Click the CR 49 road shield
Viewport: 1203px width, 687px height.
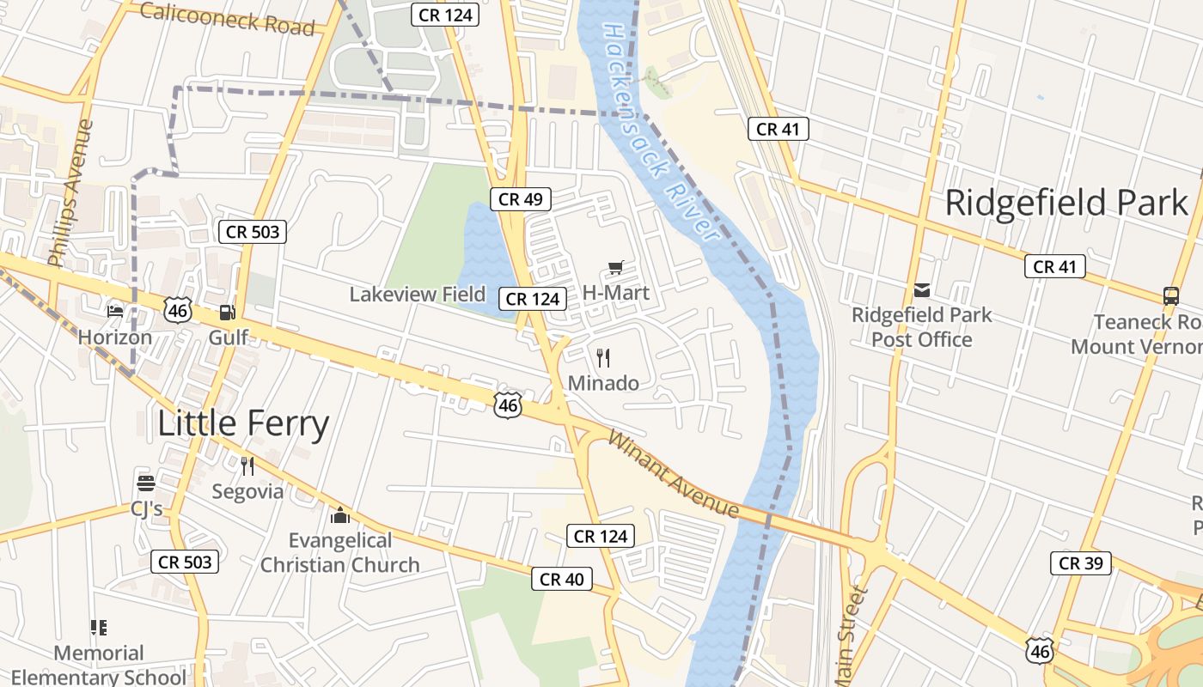click(521, 199)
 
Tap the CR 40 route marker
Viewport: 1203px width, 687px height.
click(562, 580)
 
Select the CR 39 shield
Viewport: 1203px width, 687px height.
click(1081, 563)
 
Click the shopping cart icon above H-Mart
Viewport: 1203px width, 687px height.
click(615, 268)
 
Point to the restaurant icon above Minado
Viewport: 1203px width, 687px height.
click(604, 357)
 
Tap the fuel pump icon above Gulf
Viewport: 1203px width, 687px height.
click(227, 313)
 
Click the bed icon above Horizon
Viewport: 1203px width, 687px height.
click(115, 311)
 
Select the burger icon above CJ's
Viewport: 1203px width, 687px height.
click(146, 483)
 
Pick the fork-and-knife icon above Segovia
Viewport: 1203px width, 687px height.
click(247, 466)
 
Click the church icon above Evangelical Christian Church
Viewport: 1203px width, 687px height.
click(340, 515)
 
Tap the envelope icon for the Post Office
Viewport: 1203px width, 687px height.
click(922, 290)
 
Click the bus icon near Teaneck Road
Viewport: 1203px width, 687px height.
click(1170, 296)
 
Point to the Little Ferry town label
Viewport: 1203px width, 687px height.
click(243, 424)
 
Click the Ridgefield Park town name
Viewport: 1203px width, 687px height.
click(1066, 203)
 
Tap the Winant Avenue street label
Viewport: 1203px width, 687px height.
click(674, 474)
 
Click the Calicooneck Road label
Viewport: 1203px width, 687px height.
click(227, 18)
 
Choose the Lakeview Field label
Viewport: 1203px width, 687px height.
click(418, 295)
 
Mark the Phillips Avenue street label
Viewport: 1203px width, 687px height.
click(71, 193)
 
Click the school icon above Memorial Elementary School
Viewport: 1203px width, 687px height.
click(99, 628)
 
